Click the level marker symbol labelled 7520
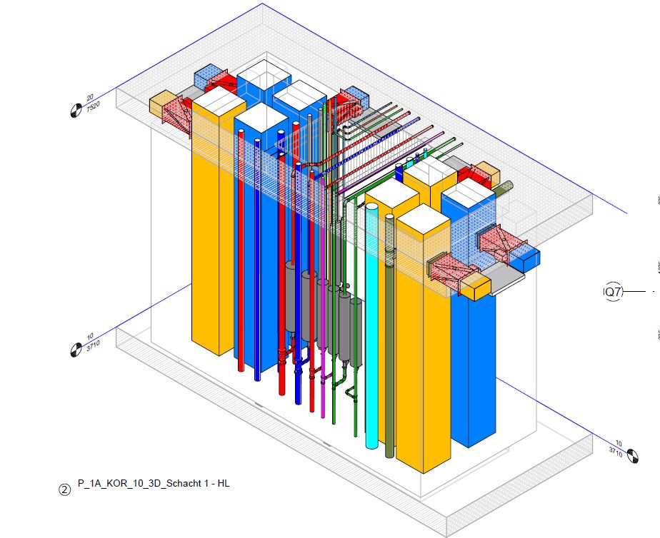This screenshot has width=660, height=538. (75, 110)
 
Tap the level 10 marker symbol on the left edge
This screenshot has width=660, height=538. (75, 350)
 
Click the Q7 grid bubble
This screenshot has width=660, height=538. (614, 291)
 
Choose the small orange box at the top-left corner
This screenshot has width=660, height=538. (161, 104)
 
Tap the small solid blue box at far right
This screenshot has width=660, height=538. (530, 260)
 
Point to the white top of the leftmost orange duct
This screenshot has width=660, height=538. (219, 101)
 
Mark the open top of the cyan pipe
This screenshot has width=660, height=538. (372, 208)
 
